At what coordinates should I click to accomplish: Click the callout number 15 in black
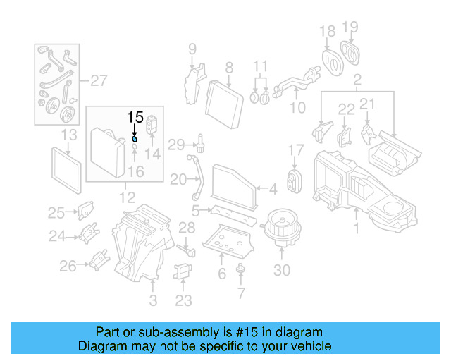coord(135,117)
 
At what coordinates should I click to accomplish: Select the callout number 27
coord(98,79)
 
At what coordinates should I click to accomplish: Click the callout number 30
coord(281,270)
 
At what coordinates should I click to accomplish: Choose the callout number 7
coord(242,292)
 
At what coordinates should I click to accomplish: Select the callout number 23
coord(183,300)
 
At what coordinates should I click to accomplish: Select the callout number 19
coord(350,27)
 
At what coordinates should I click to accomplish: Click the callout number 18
coord(328,32)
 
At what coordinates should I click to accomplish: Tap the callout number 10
coord(298,108)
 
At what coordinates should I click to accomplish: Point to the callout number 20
coord(178,179)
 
